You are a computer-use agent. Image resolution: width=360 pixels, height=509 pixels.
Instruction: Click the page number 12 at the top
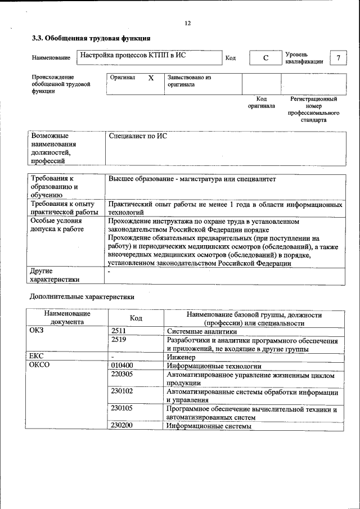[188, 23]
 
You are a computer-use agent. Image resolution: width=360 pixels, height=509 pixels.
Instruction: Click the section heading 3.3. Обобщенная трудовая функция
[91, 39]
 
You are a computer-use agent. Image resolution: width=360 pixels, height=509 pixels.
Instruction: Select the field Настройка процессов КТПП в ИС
[133, 56]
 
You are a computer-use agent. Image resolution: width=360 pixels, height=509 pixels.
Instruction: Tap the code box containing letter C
[264, 58]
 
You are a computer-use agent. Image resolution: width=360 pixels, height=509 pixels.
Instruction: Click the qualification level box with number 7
[337, 58]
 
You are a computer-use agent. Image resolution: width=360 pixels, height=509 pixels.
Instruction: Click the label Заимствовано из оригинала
[189, 81]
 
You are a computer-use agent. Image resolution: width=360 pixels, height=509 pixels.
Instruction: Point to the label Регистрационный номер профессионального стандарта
[313, 109]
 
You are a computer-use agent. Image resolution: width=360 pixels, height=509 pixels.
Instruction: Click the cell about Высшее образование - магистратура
[192, 179]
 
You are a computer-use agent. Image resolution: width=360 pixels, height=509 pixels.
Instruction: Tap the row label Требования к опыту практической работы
[62, 208]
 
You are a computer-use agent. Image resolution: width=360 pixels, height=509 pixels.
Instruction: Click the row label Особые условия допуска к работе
[57, 225]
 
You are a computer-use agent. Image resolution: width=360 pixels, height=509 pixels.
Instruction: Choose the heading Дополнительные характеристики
[82, 296]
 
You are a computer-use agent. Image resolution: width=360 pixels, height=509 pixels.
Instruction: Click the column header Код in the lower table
[136, 318]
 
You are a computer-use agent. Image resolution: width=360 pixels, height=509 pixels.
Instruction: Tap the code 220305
[122, 374]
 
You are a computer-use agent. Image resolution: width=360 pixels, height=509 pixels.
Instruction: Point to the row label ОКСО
[39, 366]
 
